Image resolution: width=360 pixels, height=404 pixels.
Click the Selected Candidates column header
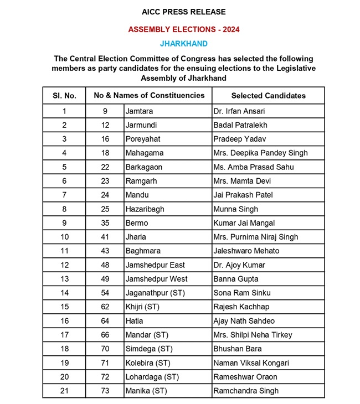[268, 95]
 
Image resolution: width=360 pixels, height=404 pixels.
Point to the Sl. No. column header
[64, 95]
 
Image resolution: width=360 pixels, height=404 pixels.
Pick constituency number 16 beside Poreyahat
[105, 139]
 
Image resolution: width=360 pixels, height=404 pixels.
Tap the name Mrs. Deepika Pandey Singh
[260, 153]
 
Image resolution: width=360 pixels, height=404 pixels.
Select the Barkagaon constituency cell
[145, 167]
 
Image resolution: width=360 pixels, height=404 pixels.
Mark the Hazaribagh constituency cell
[145, 209]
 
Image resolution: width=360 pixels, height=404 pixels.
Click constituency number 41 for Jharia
[105, 237]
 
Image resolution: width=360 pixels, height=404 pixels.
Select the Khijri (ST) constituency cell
[143, 307]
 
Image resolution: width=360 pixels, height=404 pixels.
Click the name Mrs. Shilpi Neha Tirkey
[253, 335]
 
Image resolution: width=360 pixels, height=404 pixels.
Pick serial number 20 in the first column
[64, 377]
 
